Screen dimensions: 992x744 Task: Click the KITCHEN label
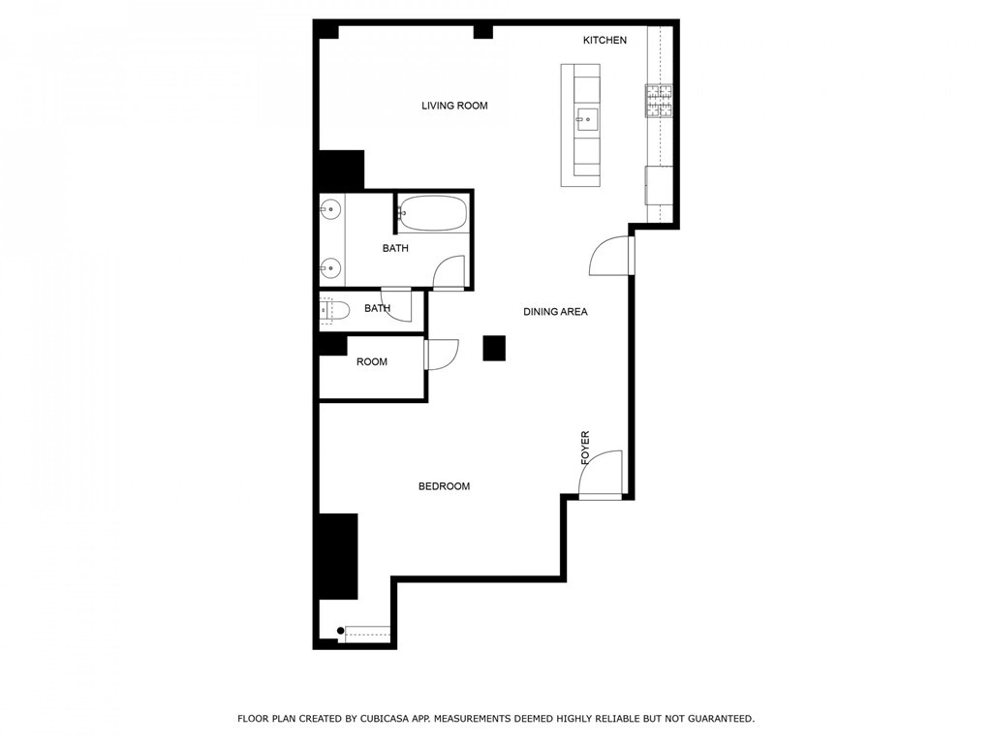[604, 40]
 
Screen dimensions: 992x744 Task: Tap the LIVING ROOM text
[454, 106]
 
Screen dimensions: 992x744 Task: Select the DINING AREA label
[555, 311]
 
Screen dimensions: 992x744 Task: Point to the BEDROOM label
[444, 486]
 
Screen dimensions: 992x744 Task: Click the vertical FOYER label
[585, 448]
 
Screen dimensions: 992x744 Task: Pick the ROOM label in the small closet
[371, 362]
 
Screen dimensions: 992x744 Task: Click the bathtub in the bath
[433, 212]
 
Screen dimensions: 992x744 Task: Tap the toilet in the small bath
[334, 310]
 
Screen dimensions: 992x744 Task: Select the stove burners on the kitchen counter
[659, 101]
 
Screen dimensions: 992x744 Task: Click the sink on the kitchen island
[586, 119]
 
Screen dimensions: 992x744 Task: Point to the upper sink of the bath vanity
[330, 208]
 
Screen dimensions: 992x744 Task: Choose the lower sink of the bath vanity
[330, 268]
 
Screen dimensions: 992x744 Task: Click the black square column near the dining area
[494, 348]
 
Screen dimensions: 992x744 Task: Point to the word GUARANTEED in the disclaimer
[721, 719]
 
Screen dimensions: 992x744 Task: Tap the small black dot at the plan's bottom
[340, 631]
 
